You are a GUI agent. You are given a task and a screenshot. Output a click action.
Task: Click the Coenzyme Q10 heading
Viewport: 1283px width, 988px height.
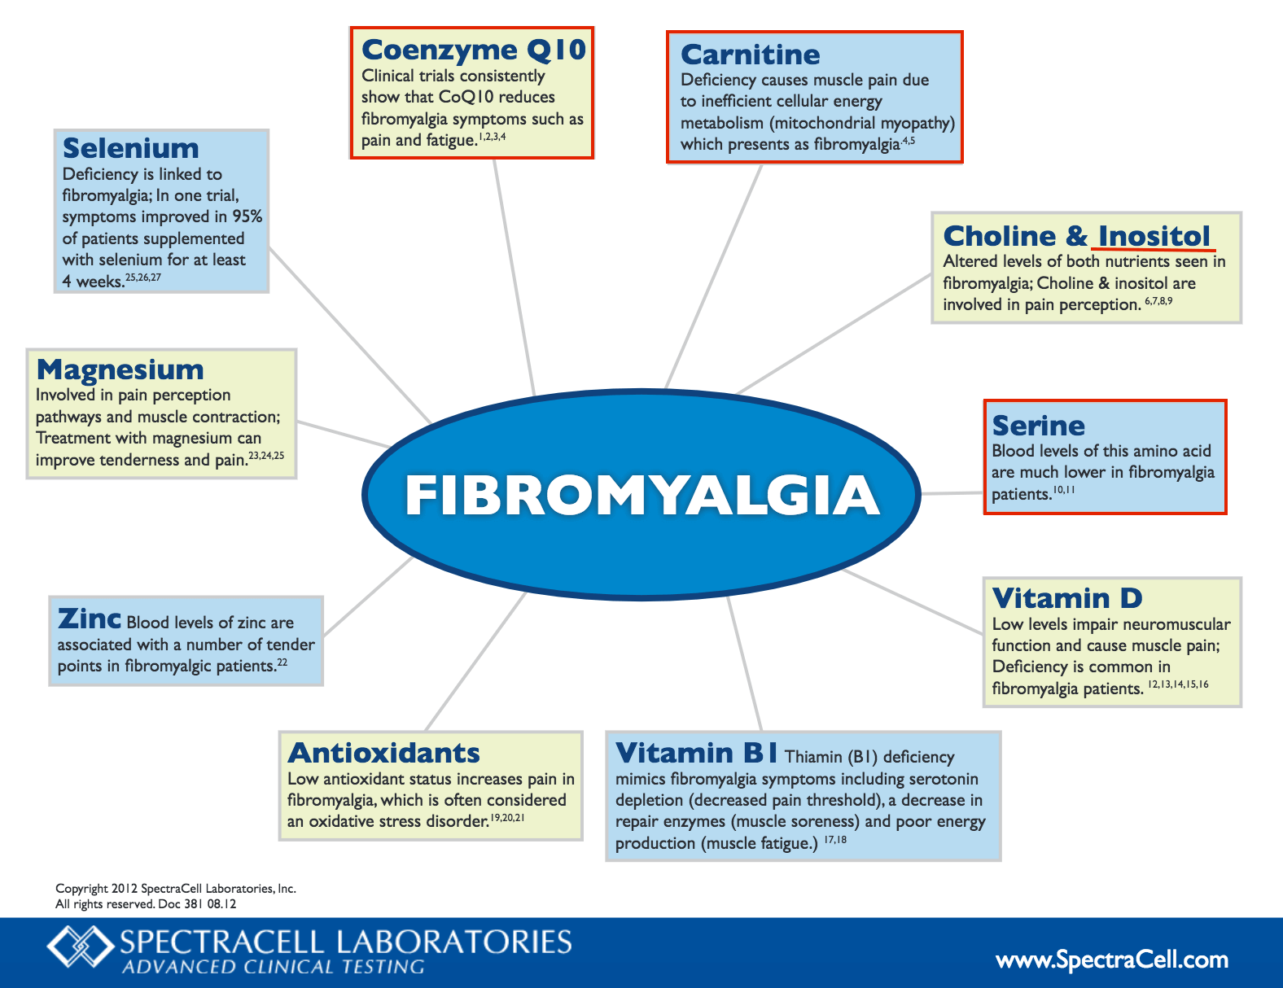pos(474,50)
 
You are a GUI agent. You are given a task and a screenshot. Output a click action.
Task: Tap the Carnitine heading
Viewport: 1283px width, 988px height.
pos(751,55)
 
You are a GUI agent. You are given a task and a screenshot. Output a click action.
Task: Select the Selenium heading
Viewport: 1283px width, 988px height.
pos(130,148)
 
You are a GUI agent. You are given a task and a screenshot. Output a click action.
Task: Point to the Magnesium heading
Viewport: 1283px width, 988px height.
pos(120,370)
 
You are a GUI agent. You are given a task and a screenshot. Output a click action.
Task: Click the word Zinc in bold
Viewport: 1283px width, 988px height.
pos(90,619)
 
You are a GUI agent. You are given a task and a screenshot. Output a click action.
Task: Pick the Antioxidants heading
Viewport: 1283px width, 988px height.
pos(383,753)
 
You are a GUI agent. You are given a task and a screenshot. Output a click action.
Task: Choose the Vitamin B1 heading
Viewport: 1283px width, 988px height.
pos(697,753)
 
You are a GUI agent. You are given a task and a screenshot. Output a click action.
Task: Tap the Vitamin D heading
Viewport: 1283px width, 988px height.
pos(1067,598)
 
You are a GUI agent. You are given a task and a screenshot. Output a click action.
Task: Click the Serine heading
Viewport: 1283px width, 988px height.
pos(1039,426)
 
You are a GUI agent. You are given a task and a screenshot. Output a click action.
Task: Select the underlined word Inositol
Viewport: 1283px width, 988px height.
pos(1154,236)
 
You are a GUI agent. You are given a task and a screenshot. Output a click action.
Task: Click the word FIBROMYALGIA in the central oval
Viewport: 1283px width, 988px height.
pos(641,495)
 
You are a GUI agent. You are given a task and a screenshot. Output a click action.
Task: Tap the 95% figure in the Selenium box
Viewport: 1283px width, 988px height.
pos(247,216)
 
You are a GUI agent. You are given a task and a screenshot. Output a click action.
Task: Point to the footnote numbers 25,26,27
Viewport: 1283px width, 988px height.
pos(143,278)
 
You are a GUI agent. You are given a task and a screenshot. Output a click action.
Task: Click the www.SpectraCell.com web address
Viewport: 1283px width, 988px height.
pos(1112,959)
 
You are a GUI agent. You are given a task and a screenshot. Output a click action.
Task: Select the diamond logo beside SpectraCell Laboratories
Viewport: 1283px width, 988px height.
pos(81,946)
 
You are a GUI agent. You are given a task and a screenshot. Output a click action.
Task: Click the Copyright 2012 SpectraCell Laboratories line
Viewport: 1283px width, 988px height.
pos(176,888)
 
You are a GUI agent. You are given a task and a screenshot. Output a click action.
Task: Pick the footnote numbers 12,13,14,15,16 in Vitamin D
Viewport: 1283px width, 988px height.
pos(1179,684)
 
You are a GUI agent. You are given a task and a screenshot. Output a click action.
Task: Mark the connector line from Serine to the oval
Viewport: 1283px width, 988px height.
pos(952,493)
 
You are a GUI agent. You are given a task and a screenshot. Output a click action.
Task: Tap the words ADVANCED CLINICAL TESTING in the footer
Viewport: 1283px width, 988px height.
pos(274,967)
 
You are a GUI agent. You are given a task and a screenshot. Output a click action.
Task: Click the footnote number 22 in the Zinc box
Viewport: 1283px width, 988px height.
pos(282,662)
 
